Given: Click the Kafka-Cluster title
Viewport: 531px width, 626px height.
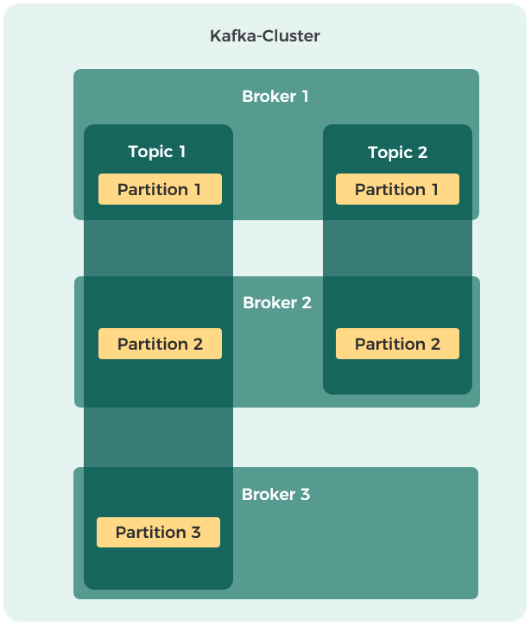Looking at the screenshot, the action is coord(265,36).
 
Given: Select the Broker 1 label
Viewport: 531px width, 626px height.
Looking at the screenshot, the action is coord(275,96).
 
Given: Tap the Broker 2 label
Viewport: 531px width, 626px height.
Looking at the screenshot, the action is coord(277,302).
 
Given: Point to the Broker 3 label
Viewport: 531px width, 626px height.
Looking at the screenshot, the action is coord(276,494).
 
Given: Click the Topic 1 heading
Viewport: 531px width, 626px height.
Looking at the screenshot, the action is coord(156,152).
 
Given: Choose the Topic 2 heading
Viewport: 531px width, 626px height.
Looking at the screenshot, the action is coord(397,153).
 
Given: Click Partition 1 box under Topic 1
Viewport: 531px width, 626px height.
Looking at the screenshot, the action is coord(160,189).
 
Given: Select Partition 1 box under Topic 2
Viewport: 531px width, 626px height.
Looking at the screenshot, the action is coord(397,189).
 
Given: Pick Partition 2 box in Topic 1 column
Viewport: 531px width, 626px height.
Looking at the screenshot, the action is coord(160,344).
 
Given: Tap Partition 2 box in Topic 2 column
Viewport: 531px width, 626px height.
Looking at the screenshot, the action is coord(397,344).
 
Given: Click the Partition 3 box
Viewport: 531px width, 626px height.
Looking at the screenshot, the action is coord(158,532).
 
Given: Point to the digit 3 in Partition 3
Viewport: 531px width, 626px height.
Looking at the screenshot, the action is coord(196,532).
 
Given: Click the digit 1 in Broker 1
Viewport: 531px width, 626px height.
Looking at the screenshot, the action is coord(306,96).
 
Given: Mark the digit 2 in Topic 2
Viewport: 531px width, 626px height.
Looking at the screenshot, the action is coord(422,152).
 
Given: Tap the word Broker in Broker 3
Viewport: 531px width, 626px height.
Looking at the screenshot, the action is coord(269,494).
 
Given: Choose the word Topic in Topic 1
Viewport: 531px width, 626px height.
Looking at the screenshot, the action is coord(150,152).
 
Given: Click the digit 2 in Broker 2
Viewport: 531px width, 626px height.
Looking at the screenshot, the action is coord(307,302).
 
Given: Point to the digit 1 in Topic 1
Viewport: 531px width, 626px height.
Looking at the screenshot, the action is coord(182,151).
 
